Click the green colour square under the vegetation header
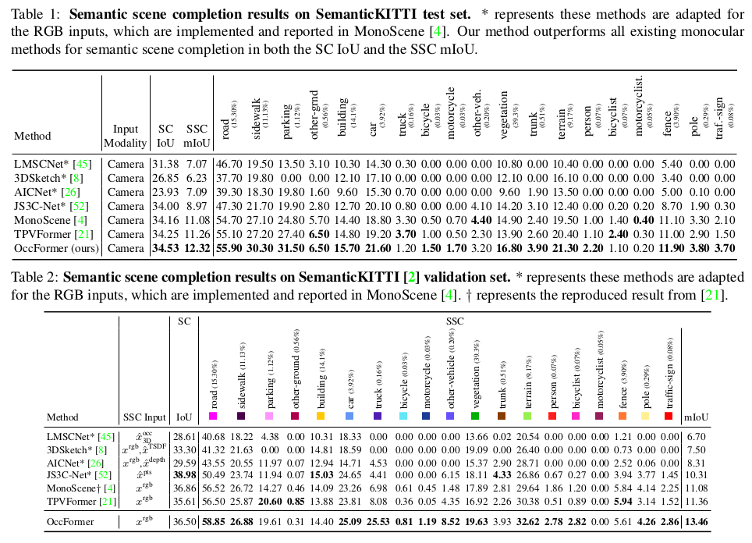tap(475, 417)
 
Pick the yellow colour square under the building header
tap(321, 417)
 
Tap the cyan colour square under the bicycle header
tap(403, 417)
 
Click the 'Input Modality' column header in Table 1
tap(126, 136)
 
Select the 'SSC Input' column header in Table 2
tap(144, 417)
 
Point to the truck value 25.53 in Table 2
tap(378, 522)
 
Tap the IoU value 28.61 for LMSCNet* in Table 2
tap(183, 436)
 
